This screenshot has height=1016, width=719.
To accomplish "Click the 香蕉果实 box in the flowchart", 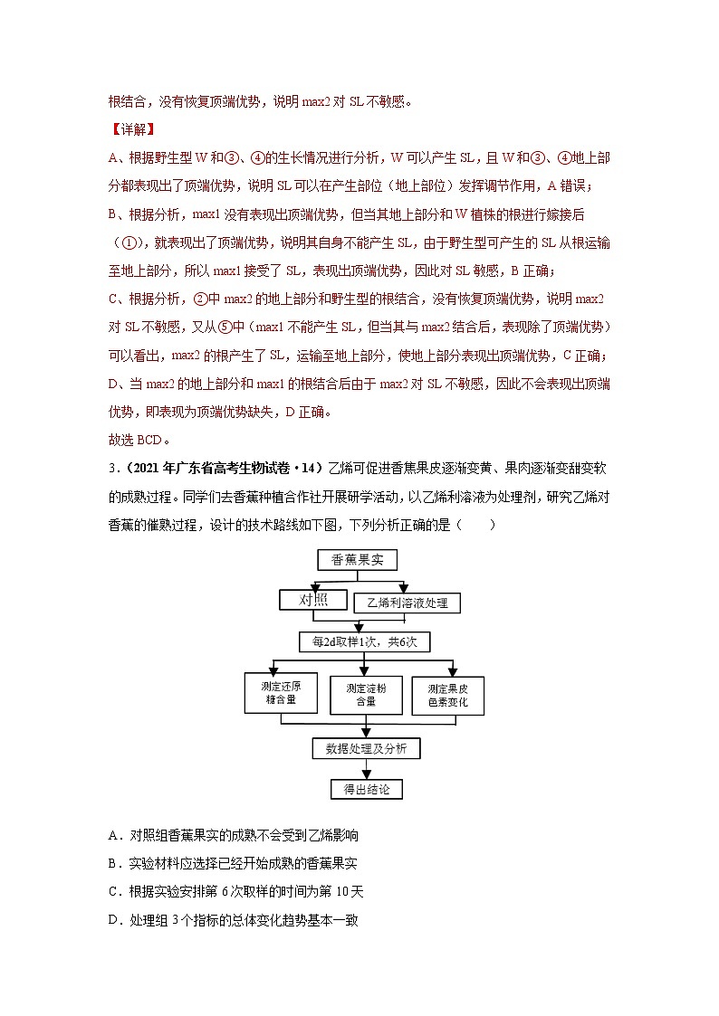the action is pyautogui.click(x=363, y=560).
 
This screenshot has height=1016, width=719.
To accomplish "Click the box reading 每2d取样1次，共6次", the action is pyautogui.click(x=364, y=641).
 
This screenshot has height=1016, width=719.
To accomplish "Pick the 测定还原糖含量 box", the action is pyautogui.click(x=280, y=694).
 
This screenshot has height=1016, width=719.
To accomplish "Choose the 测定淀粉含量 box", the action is pyautogui.click(x=365, y=694).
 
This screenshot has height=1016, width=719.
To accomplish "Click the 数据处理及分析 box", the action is pyautogui.click(x=365, y=748).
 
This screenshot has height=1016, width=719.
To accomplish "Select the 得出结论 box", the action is pyautogui.click(x=366, y=789).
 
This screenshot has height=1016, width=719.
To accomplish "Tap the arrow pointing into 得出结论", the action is pyautogui.click(x=366, y=769).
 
